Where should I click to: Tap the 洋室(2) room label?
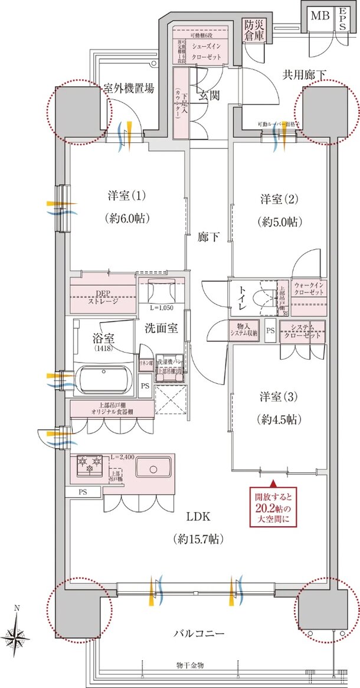(x=280, y=200)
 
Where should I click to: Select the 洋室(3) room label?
(x=280, y=396)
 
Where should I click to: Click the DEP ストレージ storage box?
(x=103, y=296)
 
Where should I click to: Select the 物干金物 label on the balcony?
(x=190, y=666)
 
